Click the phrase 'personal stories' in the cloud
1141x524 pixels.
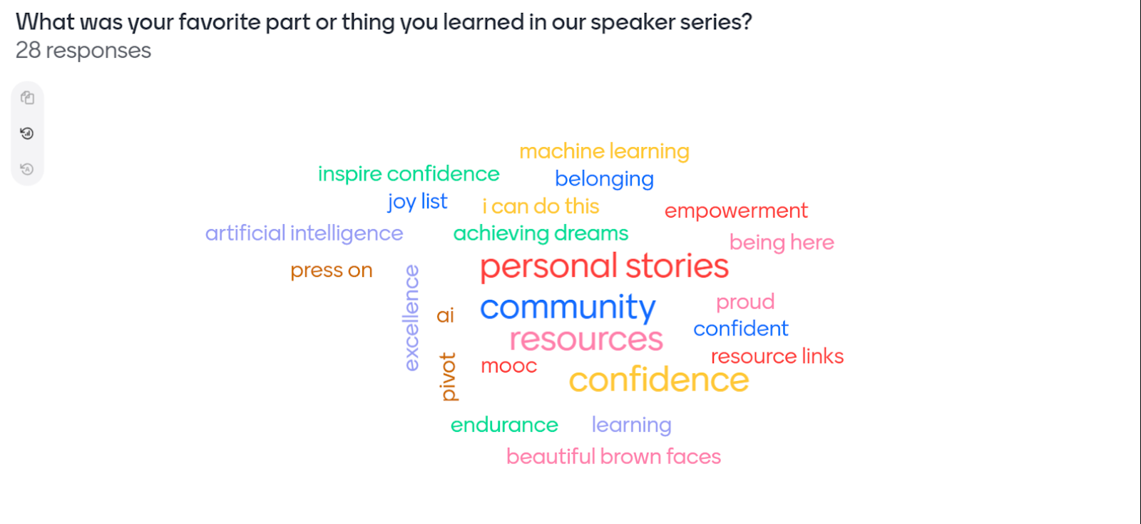point(604,267)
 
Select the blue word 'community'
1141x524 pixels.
point(567,308)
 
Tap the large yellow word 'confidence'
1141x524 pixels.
point(658,380)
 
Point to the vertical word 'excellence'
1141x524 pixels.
point(411,318)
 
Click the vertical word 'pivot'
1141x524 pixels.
point(448,376)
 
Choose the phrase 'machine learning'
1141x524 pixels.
point(604,151)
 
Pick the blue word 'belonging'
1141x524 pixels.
point(604,178)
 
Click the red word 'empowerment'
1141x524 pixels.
point(736,211)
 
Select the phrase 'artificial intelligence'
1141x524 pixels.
point(304,233)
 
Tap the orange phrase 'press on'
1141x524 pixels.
point(331,271)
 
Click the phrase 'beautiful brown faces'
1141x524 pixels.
point(613,457)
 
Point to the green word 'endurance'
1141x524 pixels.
point(504,425)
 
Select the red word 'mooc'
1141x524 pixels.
point(508,366)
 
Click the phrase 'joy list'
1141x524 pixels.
point(417,202)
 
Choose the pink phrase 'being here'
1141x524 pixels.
point(782,243)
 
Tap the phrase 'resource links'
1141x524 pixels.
point(777,356)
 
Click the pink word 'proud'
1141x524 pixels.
point(745,302)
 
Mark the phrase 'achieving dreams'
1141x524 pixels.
point(541,233)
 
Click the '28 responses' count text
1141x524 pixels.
point(83,51)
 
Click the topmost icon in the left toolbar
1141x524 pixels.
point(27,98)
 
